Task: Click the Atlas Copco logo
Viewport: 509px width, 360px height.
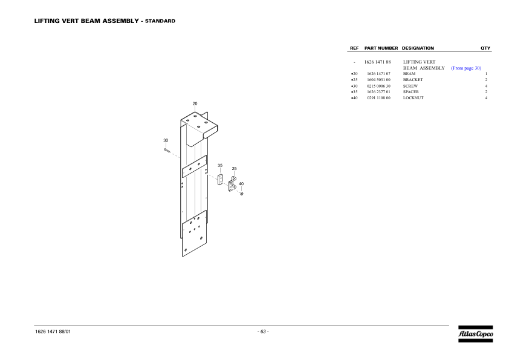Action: (x=476, y=334)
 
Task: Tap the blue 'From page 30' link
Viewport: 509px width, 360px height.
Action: (x=466, y=68)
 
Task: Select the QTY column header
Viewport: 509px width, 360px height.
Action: (x=485, y=48)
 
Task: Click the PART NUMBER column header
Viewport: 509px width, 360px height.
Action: (x=381, y=48)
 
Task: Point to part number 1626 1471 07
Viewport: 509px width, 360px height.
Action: (x=378, y=74)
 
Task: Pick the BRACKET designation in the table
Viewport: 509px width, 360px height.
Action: (x=413, y=80)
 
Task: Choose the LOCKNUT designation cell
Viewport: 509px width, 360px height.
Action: (x=413, y=98)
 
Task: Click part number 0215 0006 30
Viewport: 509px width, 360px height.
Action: (x=378, y=86)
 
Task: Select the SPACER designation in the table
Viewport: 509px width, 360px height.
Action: (x=411, y=92)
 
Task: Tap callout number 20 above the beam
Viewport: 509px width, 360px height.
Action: (x=195, y=103)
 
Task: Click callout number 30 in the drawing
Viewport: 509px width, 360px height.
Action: (x=166, y=140)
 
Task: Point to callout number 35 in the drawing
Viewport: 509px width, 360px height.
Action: (x=220, y=165)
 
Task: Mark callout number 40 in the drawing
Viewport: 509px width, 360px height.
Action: (x=241, y=183)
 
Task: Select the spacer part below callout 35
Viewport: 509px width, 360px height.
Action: (x=220, y=179)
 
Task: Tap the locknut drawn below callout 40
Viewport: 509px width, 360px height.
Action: (x=242, y=194)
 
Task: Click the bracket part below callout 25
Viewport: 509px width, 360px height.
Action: (x=232, y=184)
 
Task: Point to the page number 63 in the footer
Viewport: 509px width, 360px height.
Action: (x=263, y=332)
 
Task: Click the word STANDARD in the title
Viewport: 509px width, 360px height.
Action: (x=160, y=21)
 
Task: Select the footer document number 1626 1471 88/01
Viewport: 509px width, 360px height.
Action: (x=53, y=332)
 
